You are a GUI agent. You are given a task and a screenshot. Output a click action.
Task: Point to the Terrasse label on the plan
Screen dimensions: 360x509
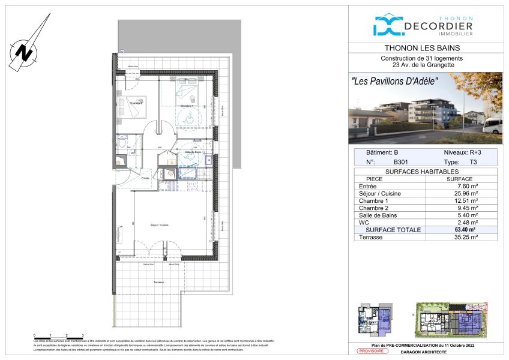[158, 282]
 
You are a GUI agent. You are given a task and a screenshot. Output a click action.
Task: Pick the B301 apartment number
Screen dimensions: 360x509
[402, 162]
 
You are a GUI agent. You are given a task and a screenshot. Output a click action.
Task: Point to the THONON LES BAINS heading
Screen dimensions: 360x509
[426, 49]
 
